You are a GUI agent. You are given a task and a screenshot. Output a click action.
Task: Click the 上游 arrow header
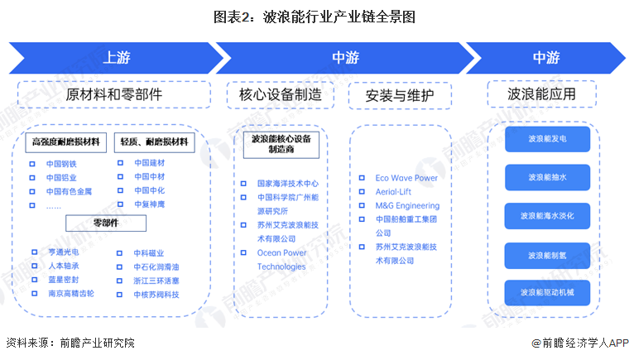(x=116, y=58)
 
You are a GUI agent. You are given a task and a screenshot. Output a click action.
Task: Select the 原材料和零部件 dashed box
(x=115, y=94)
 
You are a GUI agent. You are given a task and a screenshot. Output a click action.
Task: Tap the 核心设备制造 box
(x=281, y=94)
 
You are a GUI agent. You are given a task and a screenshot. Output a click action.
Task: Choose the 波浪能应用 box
(x=542, y=94)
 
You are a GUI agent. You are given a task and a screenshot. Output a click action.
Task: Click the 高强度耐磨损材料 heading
(x=65, y=142)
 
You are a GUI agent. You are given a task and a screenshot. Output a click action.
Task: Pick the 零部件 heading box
(x=106, y=223)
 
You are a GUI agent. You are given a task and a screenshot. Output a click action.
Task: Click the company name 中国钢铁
(x=63, y=163)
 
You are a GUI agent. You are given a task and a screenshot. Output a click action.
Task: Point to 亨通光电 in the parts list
(x=64, y=252)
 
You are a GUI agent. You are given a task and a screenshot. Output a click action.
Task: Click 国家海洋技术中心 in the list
(x=287, y=183)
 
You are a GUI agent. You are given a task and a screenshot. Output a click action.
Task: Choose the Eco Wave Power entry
(x=406, y=178)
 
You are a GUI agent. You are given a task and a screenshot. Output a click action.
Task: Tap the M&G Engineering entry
(x=407, y=205)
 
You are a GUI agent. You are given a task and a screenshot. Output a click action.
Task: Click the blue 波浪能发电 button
(x=547, y=139)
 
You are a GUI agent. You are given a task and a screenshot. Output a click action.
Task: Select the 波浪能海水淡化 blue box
(x=547, y=216)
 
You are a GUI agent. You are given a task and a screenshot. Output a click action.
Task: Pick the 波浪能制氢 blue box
(x=547, y=255)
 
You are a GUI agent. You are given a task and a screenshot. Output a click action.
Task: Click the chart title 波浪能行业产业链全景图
(x=314, y=16)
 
